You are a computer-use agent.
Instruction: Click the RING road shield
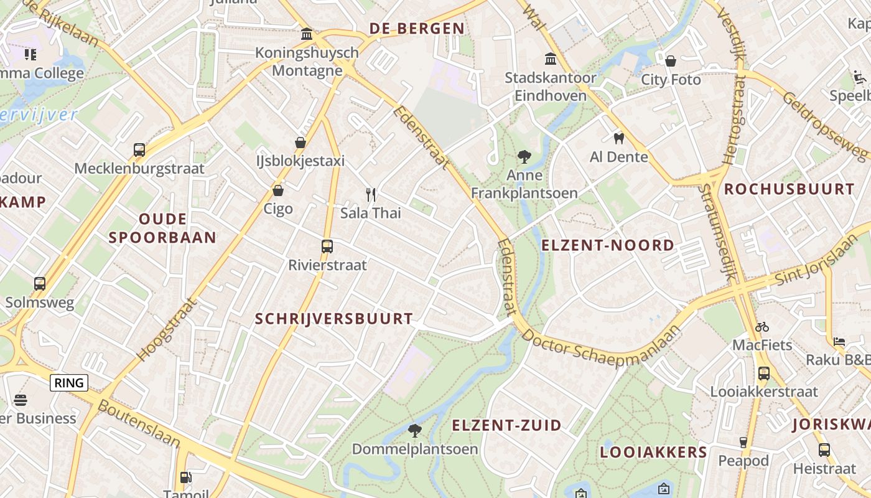(69, 383)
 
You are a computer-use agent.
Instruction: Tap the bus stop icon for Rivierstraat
(327, 247)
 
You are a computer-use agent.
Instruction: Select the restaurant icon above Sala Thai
(371, 195)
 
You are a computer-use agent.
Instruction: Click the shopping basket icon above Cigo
(278, 190)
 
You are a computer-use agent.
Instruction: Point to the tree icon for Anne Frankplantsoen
(524, 157)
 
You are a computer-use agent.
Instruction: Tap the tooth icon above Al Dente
(618, 138)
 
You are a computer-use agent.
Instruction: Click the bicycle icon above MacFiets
(762, 327)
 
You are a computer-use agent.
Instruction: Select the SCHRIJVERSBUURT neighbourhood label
(334, 319)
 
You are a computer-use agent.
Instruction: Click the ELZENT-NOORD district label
(608, 245)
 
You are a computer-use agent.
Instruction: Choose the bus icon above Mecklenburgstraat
(139, 150)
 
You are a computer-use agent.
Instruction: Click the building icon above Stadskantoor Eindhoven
(551, 59)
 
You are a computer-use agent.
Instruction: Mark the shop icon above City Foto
(671, 61)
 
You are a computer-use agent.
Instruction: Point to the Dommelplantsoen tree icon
(415, 430)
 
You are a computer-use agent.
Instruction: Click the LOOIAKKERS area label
(653, 453)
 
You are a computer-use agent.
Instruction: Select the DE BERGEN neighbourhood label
(417, 29)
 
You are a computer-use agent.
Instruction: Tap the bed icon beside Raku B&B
(839, 342)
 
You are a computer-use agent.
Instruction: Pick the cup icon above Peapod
(743, 443)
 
